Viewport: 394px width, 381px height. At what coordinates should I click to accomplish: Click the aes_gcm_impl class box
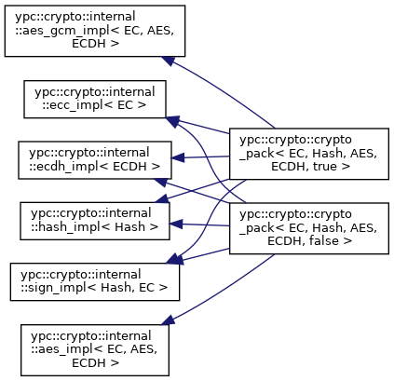pos(95,31)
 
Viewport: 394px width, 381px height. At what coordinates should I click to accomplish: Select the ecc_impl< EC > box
pos(95,100)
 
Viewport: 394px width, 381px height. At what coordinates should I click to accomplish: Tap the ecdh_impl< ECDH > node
pos(95,160)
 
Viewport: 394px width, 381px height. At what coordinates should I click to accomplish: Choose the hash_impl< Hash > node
pos(95,221)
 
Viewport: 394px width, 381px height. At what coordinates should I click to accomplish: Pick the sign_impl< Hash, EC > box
pos(95,282)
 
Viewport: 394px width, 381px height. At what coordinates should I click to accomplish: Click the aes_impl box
pos(95,350)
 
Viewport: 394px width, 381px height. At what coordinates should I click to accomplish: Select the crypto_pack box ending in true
pos(309,154)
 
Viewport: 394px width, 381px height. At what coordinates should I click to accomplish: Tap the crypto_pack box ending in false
pos(309,228)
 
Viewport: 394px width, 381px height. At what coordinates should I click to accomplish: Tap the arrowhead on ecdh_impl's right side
pos(178,158)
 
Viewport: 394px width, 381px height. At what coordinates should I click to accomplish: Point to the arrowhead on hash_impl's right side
pos(176,224)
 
